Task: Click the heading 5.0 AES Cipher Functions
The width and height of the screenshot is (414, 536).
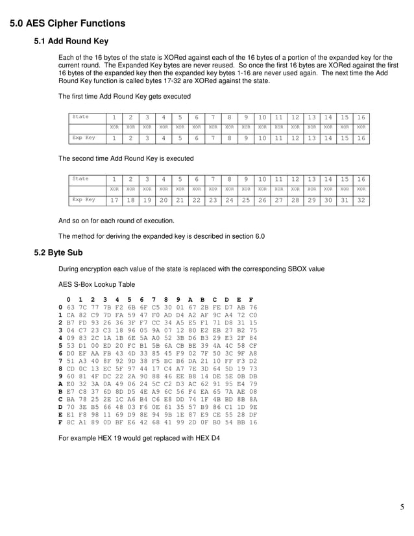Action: (x=67, y=24)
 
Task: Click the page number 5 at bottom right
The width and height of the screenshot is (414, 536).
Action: (x=402, y=507)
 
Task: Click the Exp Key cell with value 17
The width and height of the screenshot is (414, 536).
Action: (x=114, y=202)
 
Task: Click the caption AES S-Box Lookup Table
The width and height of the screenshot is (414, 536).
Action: (x=97, y=284)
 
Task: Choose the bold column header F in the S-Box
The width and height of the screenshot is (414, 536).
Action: (x=252, y=299)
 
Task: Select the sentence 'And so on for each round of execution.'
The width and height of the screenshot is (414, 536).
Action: (x=116, y=221)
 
